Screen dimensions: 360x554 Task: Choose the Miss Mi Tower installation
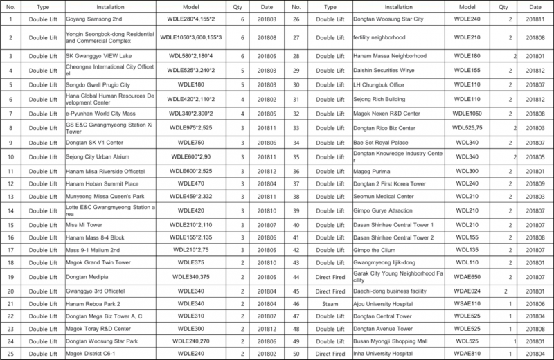pos(84,226)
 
